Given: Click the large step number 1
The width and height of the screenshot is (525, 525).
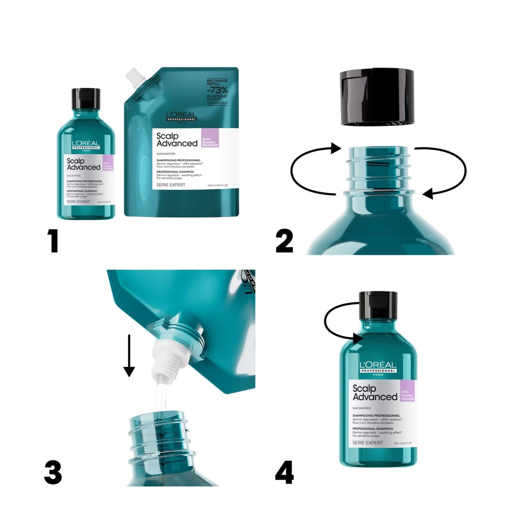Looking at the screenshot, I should pos(53,240).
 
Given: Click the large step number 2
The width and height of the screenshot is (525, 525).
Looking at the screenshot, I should pos(284,240).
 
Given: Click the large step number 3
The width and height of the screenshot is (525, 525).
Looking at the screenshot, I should pos(53,472).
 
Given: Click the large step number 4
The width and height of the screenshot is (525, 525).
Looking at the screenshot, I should pos(284,472).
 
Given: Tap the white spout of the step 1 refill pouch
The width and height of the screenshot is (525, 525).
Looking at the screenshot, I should pos(135,78).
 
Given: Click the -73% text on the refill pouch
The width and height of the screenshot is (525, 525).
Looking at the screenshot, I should pos(217,90).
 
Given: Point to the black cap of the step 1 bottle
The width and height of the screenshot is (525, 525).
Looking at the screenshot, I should pos(86,99).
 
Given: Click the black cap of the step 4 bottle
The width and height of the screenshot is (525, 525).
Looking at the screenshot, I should pos(378,305).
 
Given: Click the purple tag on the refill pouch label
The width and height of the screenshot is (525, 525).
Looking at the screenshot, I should pos(210,138).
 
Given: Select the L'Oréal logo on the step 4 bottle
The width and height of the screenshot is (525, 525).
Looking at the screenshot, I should pos(378,367).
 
